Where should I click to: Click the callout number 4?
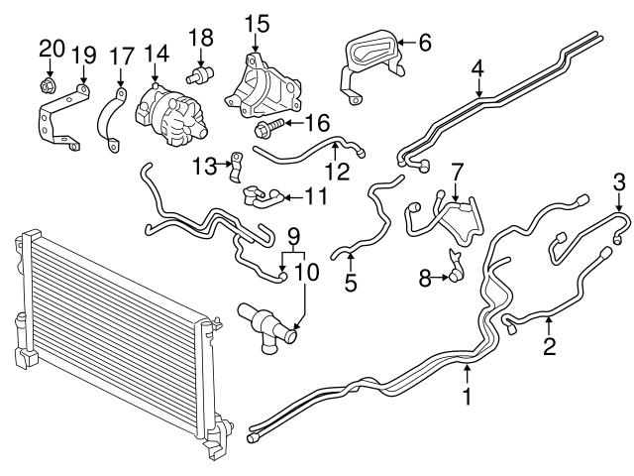pos(478,69)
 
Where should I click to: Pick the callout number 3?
pos(619,181)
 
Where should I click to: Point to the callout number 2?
pos(549,347)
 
